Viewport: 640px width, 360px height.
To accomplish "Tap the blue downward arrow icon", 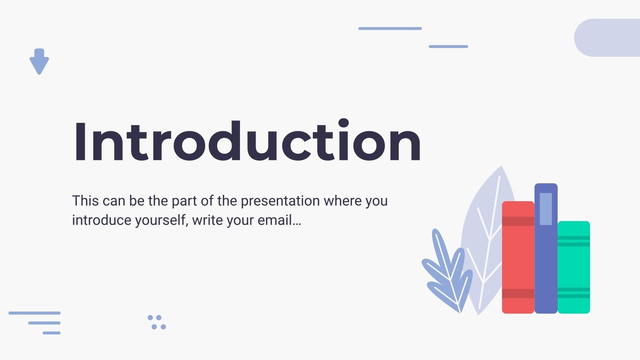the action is tap(39, 62).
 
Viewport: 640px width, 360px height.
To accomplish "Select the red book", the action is tap(518, 257).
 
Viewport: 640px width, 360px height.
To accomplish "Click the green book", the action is tap(574, 267).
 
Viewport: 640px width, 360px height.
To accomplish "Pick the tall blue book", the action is tap(546, 248).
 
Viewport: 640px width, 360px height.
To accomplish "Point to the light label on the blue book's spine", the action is tap(546, 209).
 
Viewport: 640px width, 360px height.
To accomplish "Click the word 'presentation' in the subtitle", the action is tap(280, 201).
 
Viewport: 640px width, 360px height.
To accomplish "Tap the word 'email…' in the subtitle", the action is tap(279, 220).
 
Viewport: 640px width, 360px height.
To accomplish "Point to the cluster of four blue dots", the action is tap(157, 322).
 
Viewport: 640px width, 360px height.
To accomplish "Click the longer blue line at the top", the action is tap(390, 28).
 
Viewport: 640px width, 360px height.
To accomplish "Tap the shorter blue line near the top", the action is tap(448, 46).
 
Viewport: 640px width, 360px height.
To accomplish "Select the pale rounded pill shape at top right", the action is tap(607, 38).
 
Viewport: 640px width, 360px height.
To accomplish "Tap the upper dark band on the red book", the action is tap(518, 221).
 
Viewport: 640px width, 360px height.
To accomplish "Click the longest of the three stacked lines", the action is tap(34, 313).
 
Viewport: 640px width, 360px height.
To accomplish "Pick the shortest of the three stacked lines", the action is tap(52, 333).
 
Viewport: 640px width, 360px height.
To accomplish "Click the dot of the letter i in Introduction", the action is tap(344, 123).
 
